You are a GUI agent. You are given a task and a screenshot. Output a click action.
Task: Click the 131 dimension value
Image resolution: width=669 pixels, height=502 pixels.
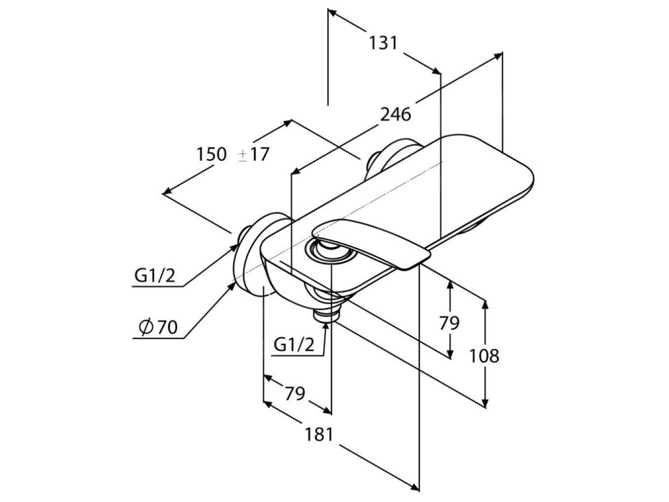pos(383,43)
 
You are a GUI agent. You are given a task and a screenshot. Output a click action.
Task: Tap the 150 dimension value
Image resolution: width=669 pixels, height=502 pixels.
pos(212,155)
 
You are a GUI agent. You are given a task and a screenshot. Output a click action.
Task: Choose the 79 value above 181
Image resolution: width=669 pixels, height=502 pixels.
pos(295,393)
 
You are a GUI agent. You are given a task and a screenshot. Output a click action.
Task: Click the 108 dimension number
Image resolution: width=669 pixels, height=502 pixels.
pos(484,356)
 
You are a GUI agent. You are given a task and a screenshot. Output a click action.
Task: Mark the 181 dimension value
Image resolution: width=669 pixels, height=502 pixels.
pos(319,434)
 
